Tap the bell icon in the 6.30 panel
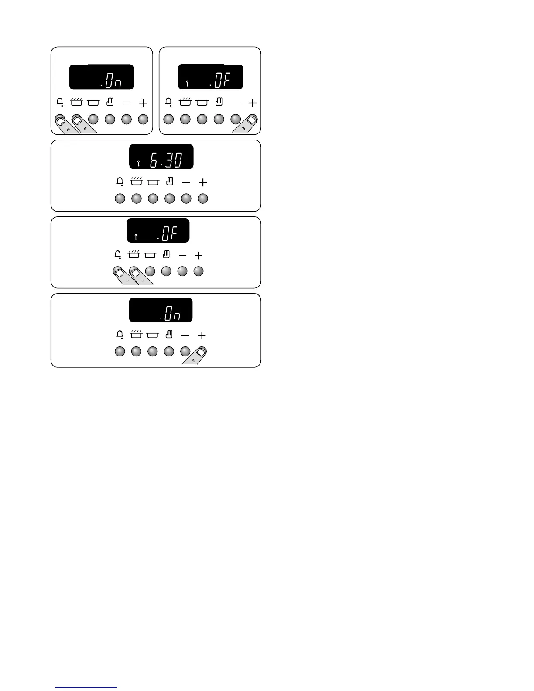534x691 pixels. click(120, 182)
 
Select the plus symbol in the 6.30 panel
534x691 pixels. click(202, 182)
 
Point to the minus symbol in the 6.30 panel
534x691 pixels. click(186, 182)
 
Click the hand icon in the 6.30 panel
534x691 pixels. click(170, 181)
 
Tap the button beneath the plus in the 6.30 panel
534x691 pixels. click(202, 199)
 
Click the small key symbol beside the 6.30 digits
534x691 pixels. click(138, 164)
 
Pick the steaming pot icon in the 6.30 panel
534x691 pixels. click(136, 181)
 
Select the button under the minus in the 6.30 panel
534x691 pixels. click(186, 199)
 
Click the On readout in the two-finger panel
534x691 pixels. click(112, 82)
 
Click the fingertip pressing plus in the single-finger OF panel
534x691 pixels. click(252, 120)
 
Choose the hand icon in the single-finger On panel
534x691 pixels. click(169, 335)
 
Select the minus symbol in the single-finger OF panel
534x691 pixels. click(236, 103)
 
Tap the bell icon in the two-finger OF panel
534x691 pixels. click(117, 255)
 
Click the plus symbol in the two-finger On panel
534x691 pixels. click(143, 103)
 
